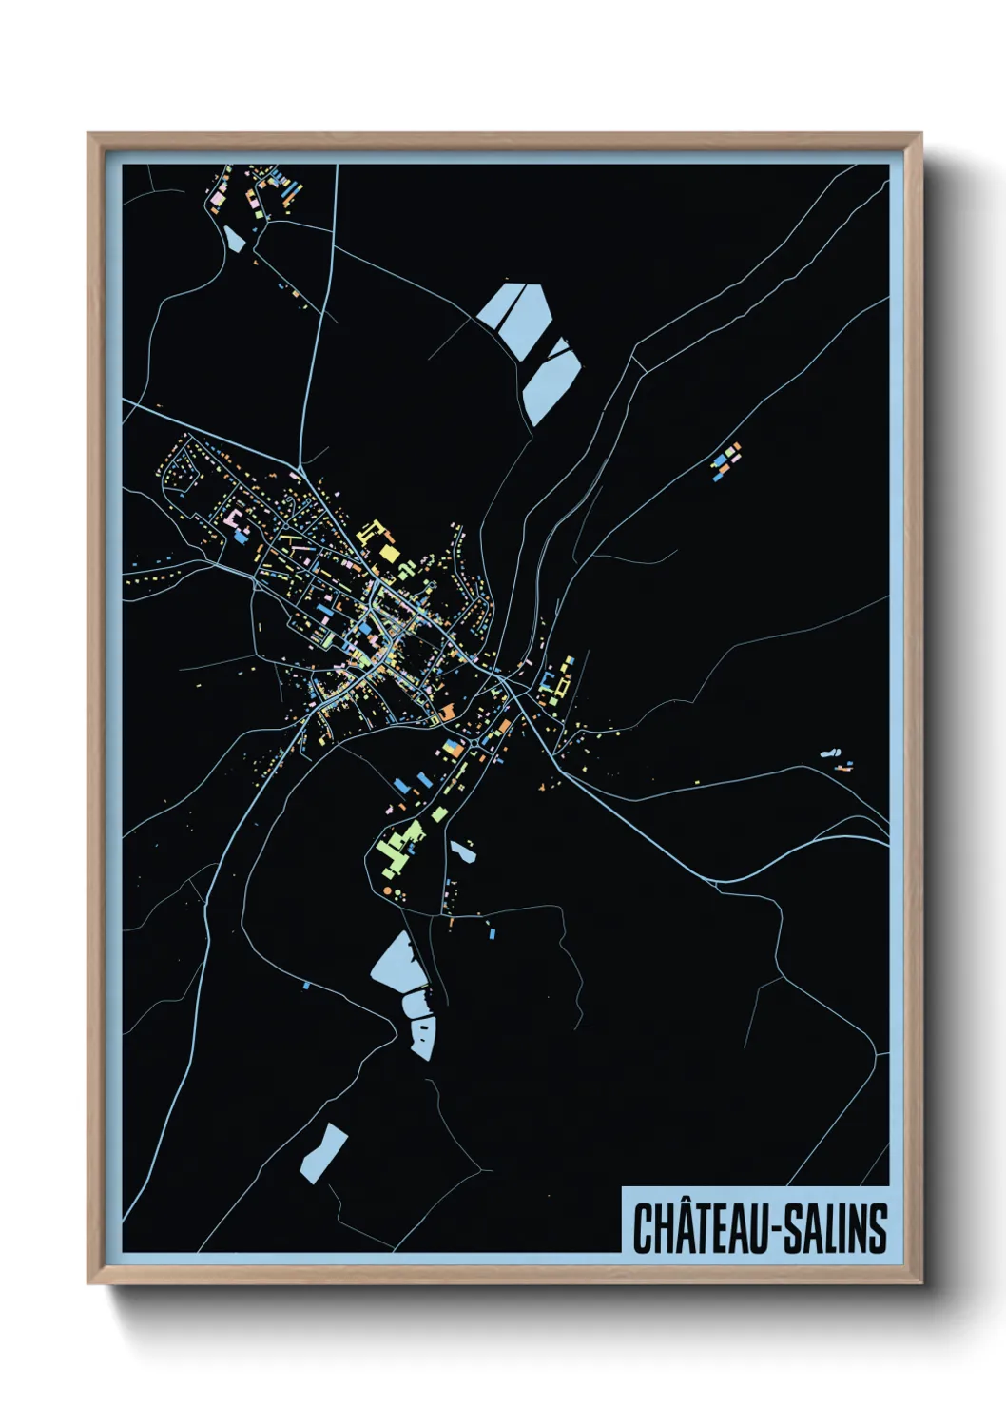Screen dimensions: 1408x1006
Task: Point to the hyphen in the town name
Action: [783, 1230]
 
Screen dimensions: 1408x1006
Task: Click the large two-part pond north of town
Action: [515, 318]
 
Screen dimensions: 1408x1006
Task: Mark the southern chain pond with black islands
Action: [422, 1036]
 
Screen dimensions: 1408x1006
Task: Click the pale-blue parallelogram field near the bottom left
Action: [323, 1154]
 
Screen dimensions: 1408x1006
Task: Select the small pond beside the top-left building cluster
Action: [234, 238]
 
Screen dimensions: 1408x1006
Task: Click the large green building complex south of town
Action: [399, 845]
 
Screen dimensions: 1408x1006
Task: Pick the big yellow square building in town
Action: [387, 553]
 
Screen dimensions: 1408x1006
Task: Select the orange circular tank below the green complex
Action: [388, 890]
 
